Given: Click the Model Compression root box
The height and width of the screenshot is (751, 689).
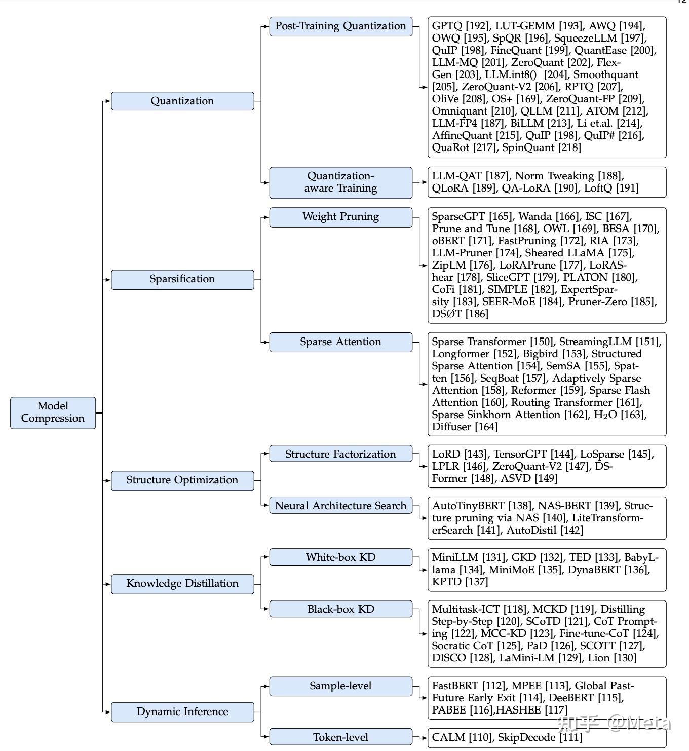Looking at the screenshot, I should (53, 412).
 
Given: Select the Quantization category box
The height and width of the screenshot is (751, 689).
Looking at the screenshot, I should (182, 101).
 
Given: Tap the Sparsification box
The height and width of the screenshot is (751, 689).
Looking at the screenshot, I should (182, 279).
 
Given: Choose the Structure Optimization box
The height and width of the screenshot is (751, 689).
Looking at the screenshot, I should (182, 480).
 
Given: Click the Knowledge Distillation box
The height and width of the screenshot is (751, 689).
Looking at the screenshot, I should (182, 584).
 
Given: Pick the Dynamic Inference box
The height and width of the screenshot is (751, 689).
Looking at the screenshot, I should (182, 712).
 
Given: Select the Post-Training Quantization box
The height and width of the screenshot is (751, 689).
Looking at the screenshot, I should (340, 26).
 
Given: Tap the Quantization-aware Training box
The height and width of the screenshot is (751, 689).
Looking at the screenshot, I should (340, 182).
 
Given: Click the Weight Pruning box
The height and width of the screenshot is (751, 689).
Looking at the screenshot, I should (340, 217).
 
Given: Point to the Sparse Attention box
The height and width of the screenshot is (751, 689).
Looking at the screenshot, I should (340, 342).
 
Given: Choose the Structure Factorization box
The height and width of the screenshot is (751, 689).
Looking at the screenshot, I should (340, 454).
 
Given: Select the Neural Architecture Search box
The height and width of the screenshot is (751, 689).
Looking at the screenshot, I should (340, 506).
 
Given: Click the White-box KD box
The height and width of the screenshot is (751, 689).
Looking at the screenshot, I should (340, 557).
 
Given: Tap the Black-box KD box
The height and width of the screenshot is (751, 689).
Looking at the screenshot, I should (340, 609).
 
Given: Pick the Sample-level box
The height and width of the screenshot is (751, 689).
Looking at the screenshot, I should (340, 686).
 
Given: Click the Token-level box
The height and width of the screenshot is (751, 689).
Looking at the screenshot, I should (340, 737).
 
